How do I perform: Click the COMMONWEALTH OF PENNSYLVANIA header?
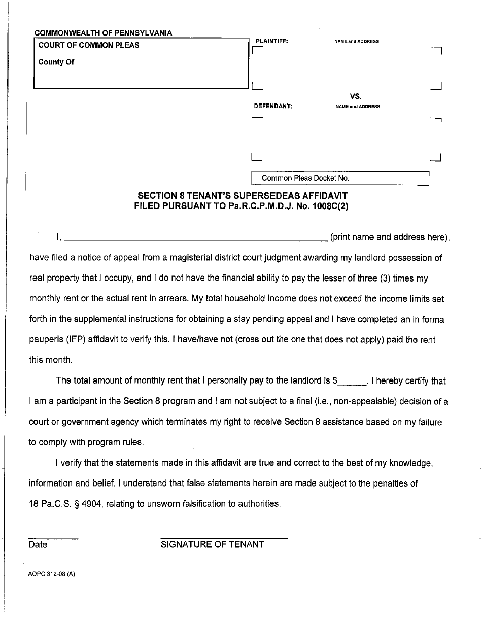pyautogui.click(x=103, y=33)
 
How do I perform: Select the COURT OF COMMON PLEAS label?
pyautogui.click(x=89, y=45)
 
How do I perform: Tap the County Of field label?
pyautogui.click(x=56, y=62)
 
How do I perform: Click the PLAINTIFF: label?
pyautogui.click(x=272, y=41)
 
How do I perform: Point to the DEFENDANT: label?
pyautogui.click(x=273, y=107)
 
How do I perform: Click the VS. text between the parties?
pyautogui.click(x=355, y=96)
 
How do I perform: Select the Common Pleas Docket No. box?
pyautogui.click(x=340, y=179)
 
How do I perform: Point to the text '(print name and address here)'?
pyautogui.click(x=390, y=237)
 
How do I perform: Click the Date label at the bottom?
pyautogui.click(x=38, y=545)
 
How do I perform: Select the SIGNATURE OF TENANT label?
pyautogui.click(x=212, y=544)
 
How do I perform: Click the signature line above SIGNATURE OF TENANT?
pyautogui.click(x=224, y=538)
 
